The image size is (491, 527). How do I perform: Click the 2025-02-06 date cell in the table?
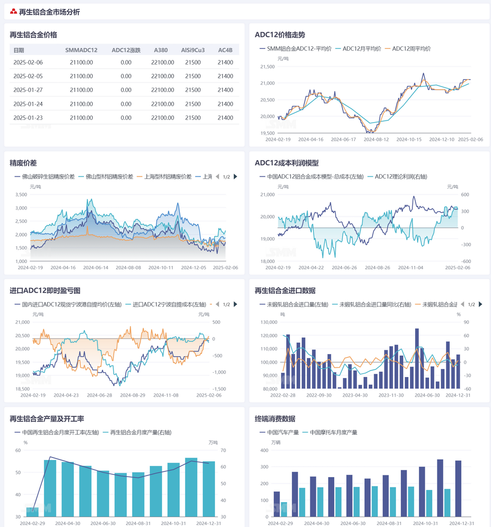[28, 62]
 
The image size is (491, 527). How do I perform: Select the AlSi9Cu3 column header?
[193, 50]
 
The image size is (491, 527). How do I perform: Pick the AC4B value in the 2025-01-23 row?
[225, 118]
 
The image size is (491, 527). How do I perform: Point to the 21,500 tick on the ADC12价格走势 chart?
[267, 67]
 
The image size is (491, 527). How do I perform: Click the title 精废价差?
[23, 163]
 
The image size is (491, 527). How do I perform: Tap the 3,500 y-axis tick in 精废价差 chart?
[20, 195]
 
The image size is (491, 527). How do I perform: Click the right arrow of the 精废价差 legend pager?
[235, 177]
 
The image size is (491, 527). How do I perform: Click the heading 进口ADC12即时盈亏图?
[45, 290]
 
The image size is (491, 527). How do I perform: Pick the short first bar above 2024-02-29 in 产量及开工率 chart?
[33, 512]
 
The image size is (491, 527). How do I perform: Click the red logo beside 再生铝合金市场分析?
[13, 11]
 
